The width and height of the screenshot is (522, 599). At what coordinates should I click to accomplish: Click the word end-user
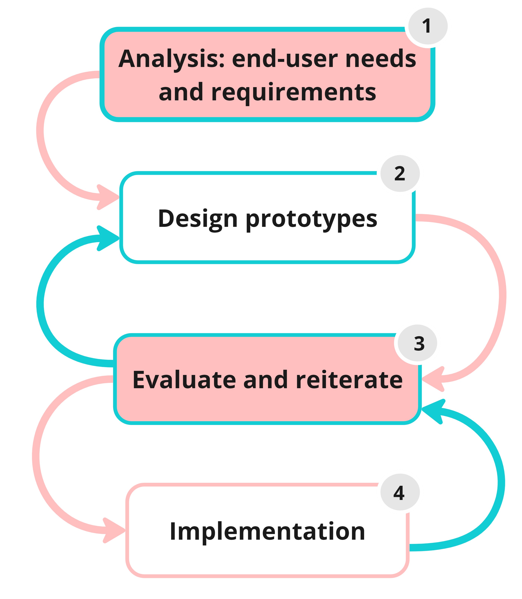coord(285,59)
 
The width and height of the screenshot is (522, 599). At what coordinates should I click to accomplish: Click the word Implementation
coord(267,531)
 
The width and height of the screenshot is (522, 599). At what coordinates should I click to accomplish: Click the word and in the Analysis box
coord(181,93)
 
